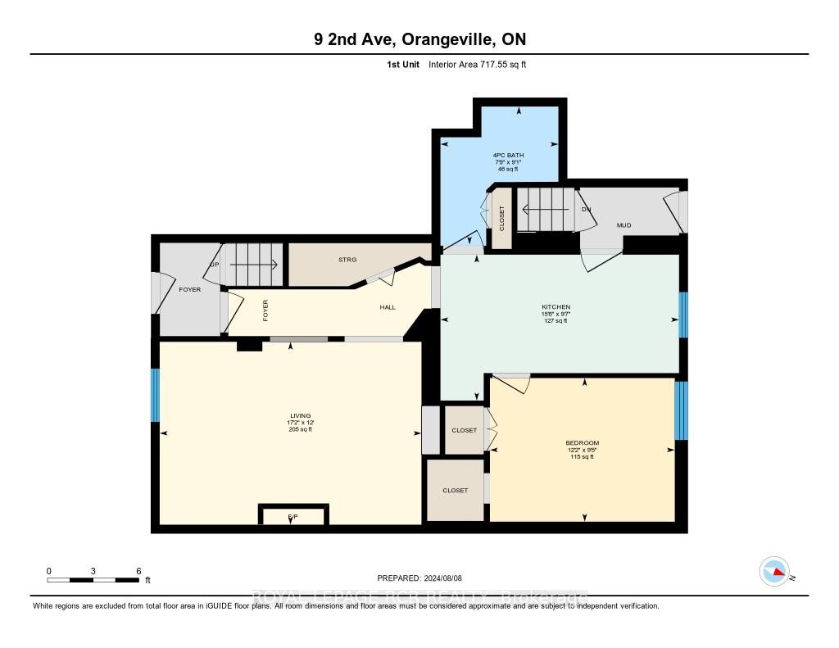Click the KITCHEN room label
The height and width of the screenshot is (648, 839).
[556, 307]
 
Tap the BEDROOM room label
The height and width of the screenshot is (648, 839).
[582, 443]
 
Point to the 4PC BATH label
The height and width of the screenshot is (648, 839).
[508, 155]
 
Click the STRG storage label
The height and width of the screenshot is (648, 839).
[347, 260]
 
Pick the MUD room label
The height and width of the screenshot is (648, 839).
[624, 225]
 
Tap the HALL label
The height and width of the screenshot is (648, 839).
[388, 307]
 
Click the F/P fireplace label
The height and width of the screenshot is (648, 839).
[293, 516]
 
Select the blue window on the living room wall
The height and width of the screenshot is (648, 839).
[155, 395]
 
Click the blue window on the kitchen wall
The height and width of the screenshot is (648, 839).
[683, 315]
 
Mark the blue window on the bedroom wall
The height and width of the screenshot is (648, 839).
[680, 410]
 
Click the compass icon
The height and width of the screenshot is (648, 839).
[774, 571]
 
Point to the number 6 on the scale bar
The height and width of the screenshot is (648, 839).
[138, 571]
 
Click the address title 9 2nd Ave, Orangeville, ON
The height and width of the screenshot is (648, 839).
[419, 39]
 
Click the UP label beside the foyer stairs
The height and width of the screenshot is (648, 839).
[215, 265]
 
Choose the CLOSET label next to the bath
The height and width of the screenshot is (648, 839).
[502, 217]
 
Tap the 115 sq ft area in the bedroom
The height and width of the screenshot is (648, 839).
[582, 456]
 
